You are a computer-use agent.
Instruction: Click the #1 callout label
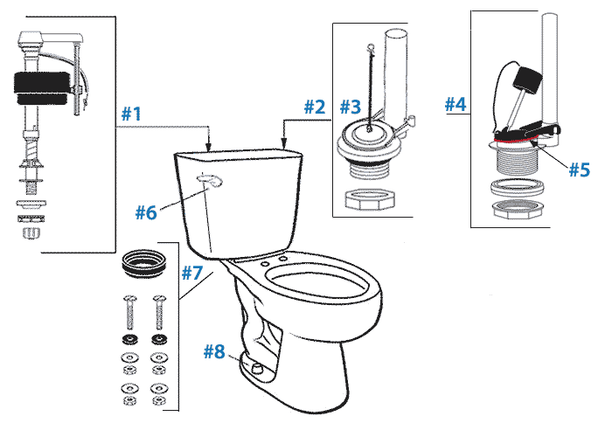point(132,114)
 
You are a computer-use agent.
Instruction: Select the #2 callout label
point(315,107)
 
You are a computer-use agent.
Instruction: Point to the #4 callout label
point(456,104)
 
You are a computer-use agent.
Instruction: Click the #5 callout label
point(579,169)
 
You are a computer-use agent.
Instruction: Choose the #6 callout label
point(145,212)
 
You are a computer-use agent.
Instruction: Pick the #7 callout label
point(192,272)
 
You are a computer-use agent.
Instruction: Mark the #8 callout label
point(215,352)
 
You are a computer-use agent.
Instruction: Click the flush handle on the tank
point(210,181)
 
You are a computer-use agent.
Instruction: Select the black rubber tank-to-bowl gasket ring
point(143,261)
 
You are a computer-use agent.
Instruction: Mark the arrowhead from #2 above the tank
point(284,141)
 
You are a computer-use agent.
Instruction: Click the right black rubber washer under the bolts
point(158,338)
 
